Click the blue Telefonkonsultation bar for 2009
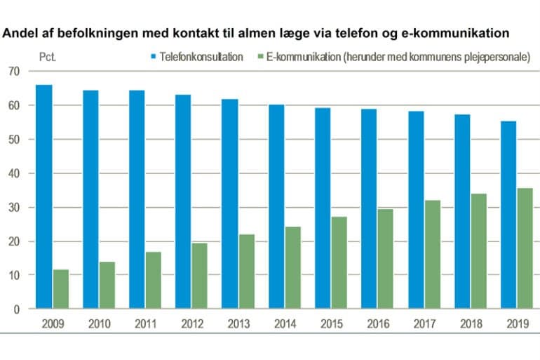44,196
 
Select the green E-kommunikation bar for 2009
61,289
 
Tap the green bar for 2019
525,248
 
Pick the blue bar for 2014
276,207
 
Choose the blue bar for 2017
415,210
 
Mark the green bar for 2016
386,259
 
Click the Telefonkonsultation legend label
202,57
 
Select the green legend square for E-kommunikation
260,57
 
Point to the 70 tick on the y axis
14,72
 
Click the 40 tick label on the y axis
14,173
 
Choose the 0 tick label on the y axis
17,309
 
